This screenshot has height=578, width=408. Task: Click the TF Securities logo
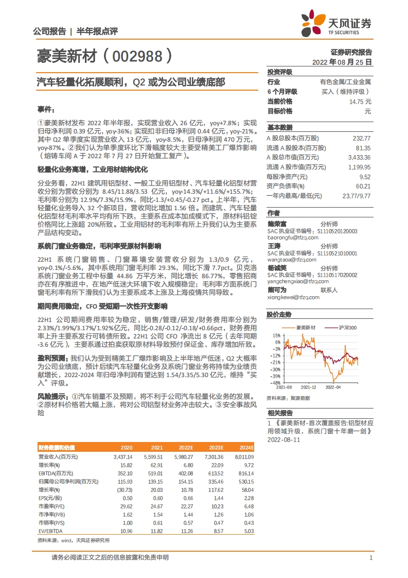336,23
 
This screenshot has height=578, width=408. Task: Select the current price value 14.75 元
360,101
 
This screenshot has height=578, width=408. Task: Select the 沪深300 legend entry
345,328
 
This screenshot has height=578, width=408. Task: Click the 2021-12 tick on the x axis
309,386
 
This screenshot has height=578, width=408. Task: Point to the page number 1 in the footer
370,558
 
